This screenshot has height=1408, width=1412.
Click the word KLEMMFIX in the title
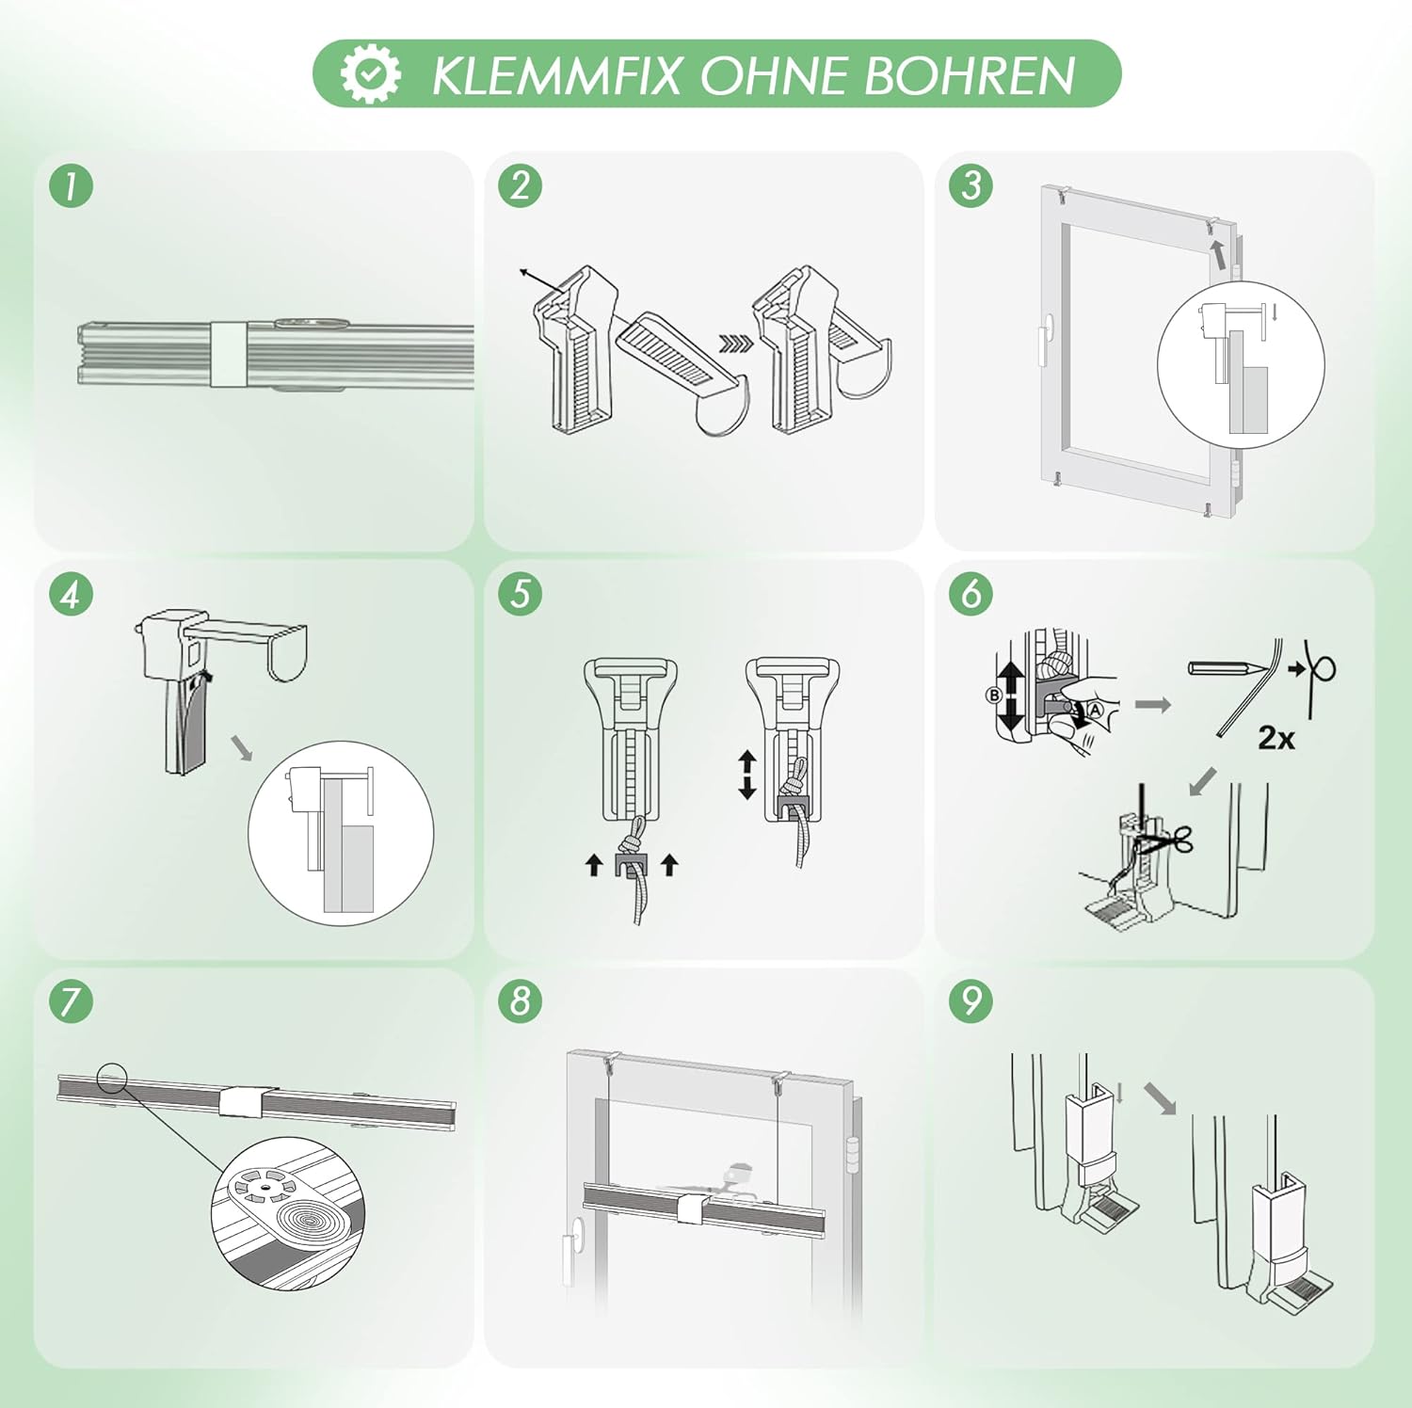point(555,75)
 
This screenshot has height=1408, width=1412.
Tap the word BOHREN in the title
point(970,75)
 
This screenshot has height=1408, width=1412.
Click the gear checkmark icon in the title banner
point(370,73)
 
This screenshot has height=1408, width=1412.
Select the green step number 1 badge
point(72,185)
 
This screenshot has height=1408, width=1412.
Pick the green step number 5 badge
point(521,594)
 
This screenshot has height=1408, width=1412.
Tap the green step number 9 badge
point(971,1000)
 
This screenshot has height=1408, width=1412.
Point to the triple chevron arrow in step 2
point(736,344)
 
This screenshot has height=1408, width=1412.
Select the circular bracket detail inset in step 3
point(1240,365)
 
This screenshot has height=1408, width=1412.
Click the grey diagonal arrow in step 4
point(242,748)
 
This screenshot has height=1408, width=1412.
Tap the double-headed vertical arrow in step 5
point(747,774)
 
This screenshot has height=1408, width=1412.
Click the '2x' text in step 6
point(1276,738)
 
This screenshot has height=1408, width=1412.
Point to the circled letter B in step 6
point(994,696)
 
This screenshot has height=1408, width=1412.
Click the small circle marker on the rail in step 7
point(112,1078)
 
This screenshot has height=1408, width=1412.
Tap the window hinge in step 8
point(854,1154)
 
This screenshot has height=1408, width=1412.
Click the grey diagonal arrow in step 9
point(1160,1098)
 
